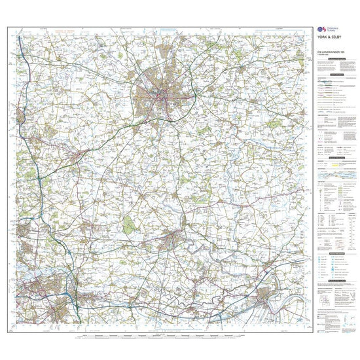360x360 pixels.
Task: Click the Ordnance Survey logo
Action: [x=321, y=31]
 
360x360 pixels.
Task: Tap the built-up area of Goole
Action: [x=268, y=298]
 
